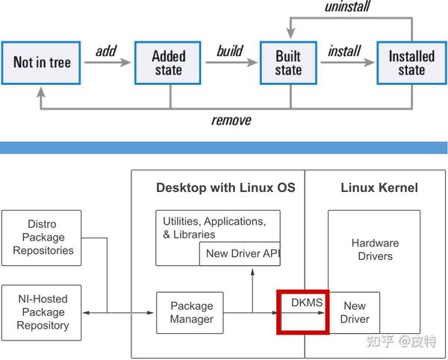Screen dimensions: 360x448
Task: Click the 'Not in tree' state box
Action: coord(42,63)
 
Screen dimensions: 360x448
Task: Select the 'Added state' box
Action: coord(168,63)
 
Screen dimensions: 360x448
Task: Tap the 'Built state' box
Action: coord(288,63)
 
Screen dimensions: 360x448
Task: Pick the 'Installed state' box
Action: coord(411,63)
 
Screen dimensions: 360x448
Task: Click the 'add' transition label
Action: coord(105,51)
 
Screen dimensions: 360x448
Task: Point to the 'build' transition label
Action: coord(229,51)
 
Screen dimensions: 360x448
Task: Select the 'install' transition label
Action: coord(344,51)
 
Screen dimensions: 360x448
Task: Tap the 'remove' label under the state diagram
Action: coord(231,120)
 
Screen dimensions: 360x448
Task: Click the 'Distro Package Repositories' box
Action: coord(43,238)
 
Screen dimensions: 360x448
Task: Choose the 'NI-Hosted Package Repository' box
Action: coord(43,312)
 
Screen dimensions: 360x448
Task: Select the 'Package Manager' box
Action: coord(192,312)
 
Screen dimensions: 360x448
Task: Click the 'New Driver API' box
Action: coord(241,253)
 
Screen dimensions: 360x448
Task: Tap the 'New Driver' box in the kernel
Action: coord(355,312)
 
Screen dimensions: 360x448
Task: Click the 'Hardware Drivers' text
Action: coord(375,249)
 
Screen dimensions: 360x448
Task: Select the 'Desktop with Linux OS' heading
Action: coord(225,187)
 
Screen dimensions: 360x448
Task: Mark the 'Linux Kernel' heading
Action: coord(379,187)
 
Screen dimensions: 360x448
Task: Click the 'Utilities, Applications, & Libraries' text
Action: coord(214,228)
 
